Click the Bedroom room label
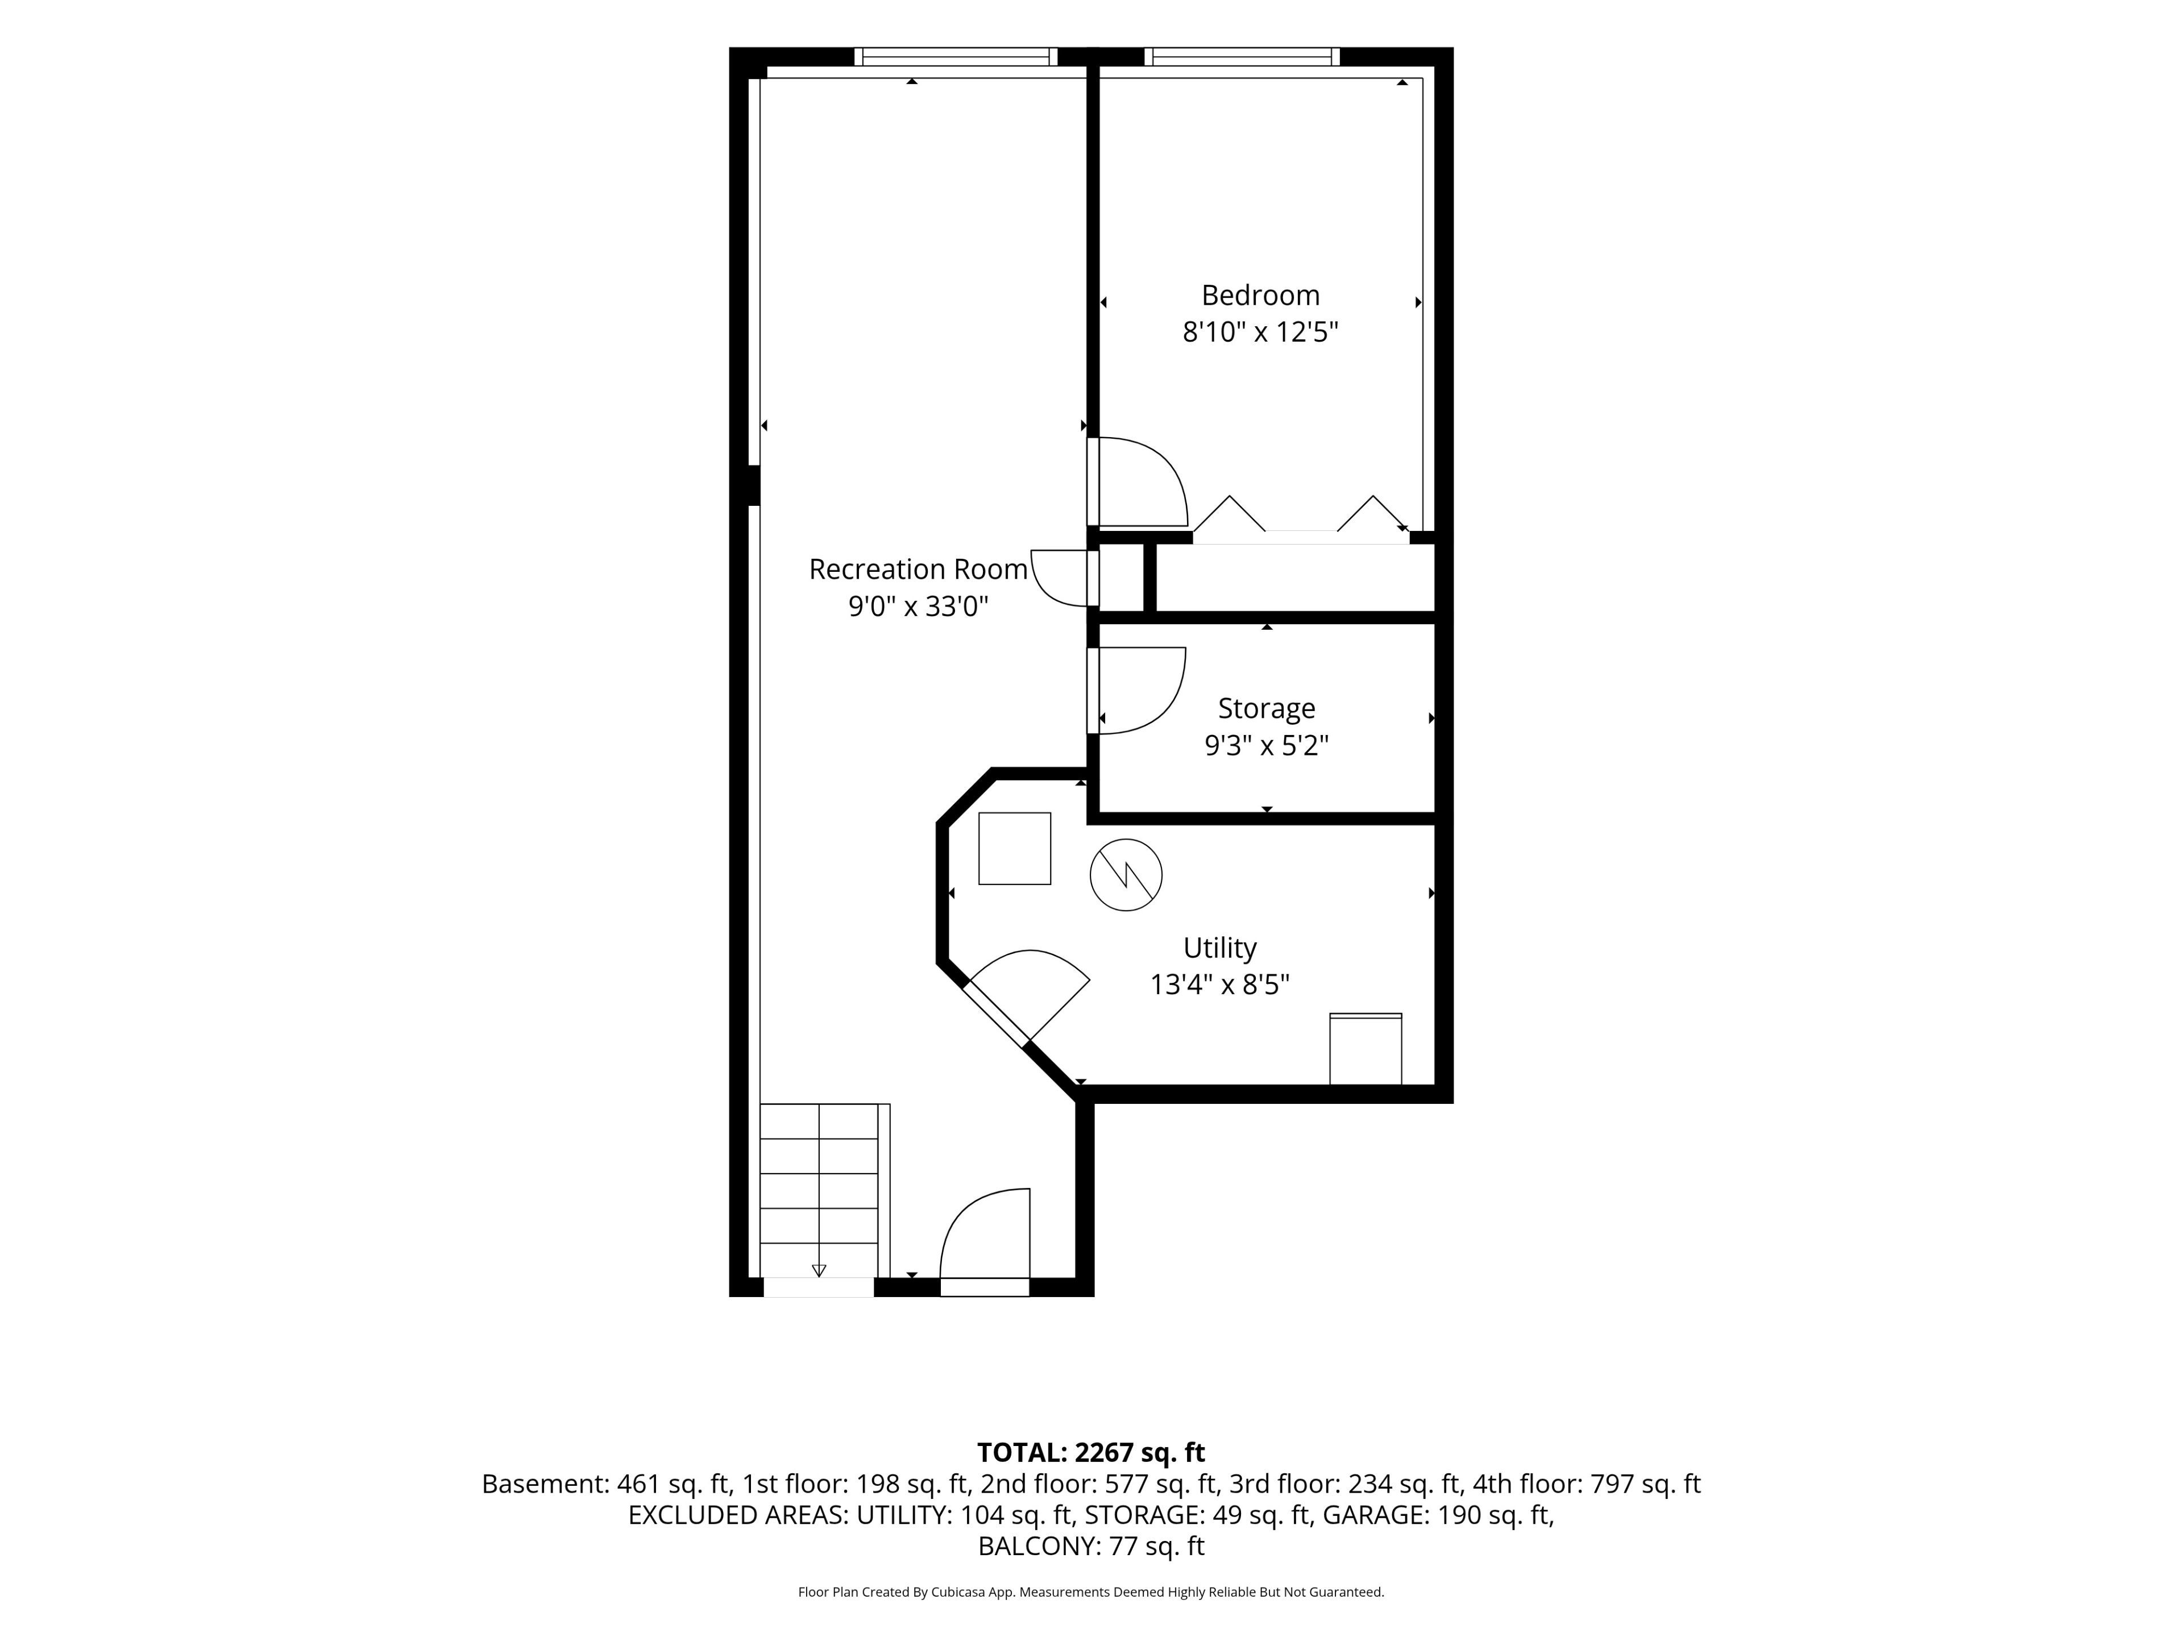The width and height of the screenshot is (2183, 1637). [x=1260, y=295]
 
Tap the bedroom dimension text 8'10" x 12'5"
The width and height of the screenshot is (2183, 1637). [x=1260, y=331]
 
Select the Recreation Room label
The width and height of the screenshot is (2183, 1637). [x=918, y=570]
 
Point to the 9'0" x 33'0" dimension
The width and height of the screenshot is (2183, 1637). [x=918, y=606]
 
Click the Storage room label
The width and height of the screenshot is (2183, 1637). [x=1266, y=708]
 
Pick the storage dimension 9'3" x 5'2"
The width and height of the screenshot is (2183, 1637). [x=1266, y=745]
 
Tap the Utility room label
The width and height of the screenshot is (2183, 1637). [x=1220, y=948]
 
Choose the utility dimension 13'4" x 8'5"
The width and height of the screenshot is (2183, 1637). [x=1220, y=985]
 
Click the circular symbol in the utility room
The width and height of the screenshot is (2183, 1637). [x=1126, y=874]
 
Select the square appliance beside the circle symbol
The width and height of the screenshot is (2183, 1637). [x=1015, y=849]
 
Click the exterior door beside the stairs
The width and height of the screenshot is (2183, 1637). [x=985, y=1241]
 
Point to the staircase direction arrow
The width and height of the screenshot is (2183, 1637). [x=818, y=1270]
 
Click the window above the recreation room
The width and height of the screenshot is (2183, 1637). [x=955, y=56]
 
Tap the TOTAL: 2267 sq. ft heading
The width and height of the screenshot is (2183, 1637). [x=1090, y=1452]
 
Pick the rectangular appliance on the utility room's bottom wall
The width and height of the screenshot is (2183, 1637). [x=1366, y=1049]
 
